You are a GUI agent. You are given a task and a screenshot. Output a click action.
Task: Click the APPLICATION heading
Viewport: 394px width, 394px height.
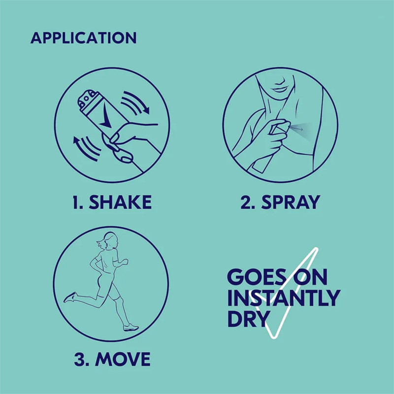tap(83, 38)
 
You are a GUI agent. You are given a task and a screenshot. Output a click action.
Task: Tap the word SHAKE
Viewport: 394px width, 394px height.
tap(120, 202)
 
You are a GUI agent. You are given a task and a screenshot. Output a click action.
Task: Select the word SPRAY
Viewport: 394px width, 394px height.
tap(291, 202)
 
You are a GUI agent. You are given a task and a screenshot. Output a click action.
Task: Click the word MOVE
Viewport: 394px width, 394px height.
tap(123, 359)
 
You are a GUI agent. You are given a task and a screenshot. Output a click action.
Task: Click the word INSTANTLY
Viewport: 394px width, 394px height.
tap(284, 298)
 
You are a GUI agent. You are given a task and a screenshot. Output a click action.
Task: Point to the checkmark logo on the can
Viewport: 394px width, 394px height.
tap(106, 118)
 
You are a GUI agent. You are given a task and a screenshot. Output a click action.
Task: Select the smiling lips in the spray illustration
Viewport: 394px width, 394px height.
tap(280, 89)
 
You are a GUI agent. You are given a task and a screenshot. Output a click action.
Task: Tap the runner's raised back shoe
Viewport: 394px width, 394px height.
tap(70, 297)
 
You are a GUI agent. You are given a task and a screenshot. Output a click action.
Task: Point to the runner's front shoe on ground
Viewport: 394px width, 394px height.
tap(131, 328)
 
